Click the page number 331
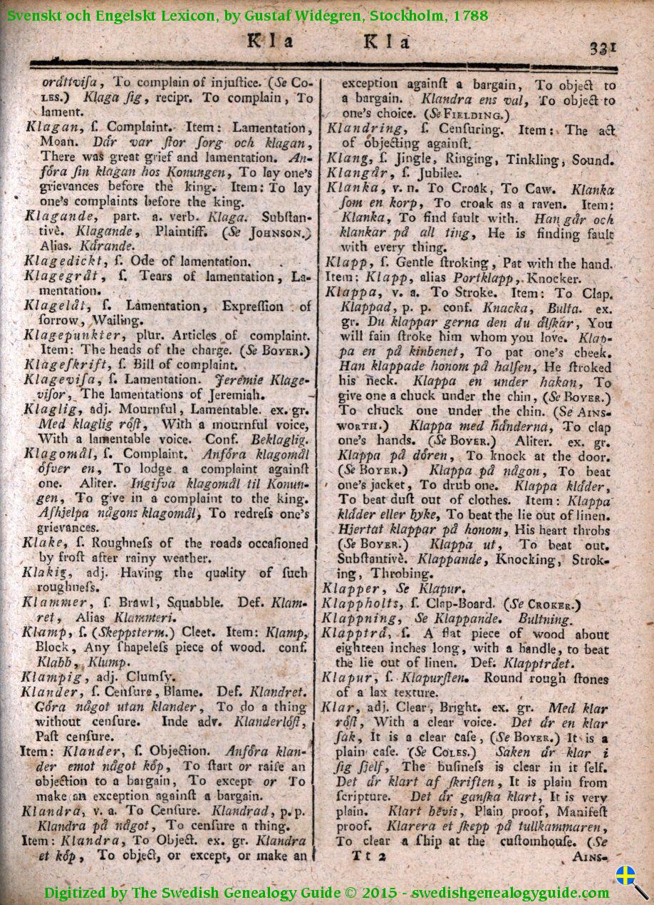(603, 48)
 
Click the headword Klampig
(50, 676)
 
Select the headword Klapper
(351, 589)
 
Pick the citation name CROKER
(549, 605)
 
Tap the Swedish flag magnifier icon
(631, 881)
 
